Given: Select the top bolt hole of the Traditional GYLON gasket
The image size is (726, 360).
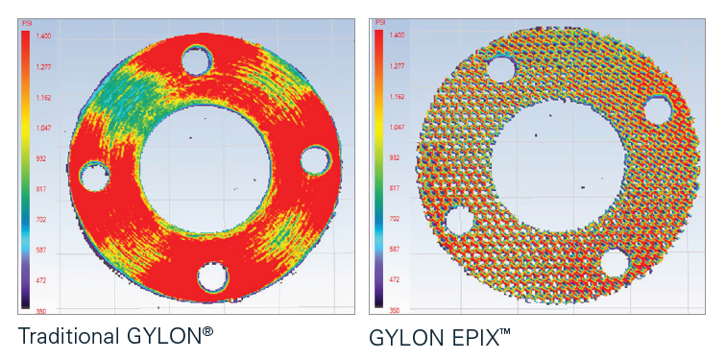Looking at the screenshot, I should click(199, 60).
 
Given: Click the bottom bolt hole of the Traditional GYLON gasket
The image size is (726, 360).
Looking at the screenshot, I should click(212, 277).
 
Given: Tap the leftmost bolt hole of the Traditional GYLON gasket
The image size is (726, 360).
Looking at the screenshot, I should click(94, 176).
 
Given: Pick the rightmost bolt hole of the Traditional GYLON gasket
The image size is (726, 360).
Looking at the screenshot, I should click(315, 159).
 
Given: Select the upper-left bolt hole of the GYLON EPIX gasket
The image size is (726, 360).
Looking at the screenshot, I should click(500, 70).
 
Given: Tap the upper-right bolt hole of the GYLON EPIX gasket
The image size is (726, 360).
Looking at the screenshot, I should click(658, 110).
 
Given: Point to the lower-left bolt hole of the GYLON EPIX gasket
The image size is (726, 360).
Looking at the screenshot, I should click(459, 221).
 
